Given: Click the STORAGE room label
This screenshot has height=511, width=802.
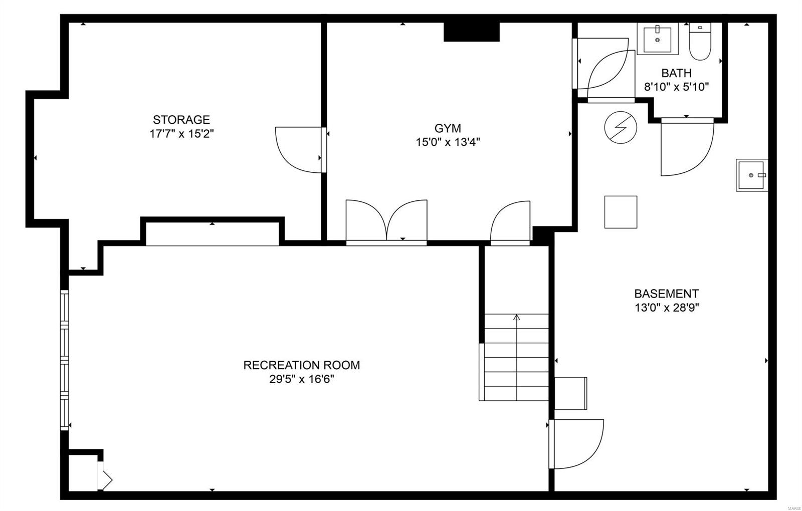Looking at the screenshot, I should [181, 120].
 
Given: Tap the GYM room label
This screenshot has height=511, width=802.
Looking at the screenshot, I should [448, 128].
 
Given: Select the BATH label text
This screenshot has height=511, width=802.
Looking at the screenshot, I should [676, 73].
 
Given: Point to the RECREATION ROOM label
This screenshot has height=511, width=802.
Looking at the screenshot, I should [301, 365].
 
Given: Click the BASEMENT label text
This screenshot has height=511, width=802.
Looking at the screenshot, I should [666, 294].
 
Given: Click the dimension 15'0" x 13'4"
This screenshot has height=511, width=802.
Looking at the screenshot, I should [448, 142].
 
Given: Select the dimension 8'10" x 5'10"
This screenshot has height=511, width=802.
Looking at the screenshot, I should [676, 87].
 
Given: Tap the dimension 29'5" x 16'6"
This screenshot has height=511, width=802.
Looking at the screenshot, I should [301, 379].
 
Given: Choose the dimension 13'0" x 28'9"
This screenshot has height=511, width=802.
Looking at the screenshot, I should [666, 308].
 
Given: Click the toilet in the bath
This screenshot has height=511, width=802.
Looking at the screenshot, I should [700, 41].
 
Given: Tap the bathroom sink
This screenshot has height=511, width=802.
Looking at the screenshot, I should [657, 39].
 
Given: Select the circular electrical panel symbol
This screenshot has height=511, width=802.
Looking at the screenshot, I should [621, 127].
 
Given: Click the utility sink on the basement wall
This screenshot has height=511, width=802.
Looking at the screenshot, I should [751, 175].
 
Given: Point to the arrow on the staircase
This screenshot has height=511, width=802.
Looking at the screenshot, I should [517, 317].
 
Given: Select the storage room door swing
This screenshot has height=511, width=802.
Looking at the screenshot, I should [299, 150].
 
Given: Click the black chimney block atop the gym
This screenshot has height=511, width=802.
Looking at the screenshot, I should [471, 32].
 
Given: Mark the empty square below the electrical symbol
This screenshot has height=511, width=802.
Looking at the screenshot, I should [621, 212].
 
